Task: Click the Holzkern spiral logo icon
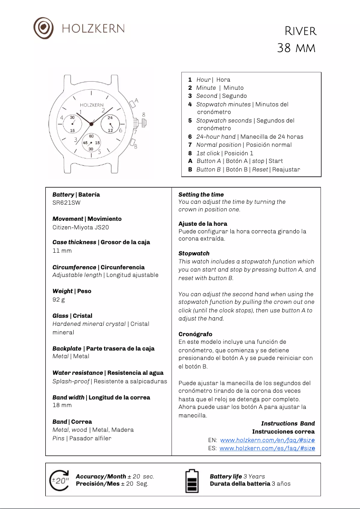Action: point(44,28)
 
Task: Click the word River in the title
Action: point(301,31)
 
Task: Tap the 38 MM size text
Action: point(296,48)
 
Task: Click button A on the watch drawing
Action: point(132,104)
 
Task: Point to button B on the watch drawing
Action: point(132,143)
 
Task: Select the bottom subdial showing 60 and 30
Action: point(91,142)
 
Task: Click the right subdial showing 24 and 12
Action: point(110,123)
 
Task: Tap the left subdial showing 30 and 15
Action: point(72,123)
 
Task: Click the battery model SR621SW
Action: point(66,202)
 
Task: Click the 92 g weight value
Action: point(59,299)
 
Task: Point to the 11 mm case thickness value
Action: point(62,250)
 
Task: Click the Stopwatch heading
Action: point(194,253)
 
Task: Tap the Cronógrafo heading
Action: point(195,334)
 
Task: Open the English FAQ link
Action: point(267,440)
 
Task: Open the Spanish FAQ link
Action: point(267,448)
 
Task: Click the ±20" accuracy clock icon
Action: point(60,480)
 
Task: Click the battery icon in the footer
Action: point(192,481)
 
